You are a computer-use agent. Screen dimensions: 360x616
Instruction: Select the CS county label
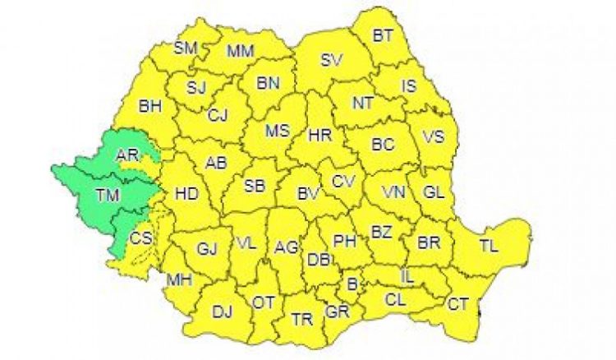click(140, 238)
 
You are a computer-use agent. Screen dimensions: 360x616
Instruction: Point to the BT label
click(383, 35)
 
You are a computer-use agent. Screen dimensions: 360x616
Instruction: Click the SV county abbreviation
click(331, 59)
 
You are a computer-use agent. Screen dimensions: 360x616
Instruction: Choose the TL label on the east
click(489, 246)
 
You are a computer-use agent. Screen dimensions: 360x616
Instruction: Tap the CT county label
click(458, 304)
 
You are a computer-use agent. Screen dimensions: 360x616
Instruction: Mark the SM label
click(186, 48)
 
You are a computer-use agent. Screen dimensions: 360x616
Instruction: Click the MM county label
click(241, 51)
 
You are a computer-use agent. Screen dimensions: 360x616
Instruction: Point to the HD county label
click(187, 194)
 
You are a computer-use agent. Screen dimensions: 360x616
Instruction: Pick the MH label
click(179, 280)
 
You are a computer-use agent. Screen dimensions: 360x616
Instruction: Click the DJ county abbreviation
click(223, 312)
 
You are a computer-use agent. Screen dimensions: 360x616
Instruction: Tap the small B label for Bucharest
click(353, 285)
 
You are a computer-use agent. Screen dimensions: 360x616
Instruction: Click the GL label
click(434, 192)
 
